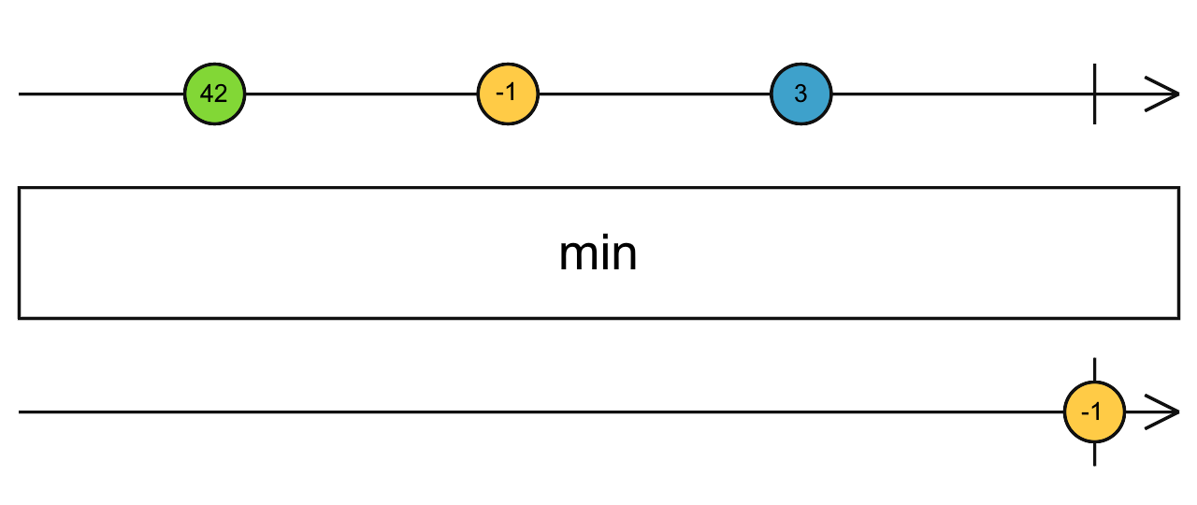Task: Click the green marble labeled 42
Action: [214, 94]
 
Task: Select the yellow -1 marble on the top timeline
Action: [508, 94]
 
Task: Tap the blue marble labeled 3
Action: [800, 94]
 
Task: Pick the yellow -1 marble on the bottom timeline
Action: [1094, 411]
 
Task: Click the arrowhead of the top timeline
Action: [1164, 94]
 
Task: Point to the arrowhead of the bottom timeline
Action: [1164, 411]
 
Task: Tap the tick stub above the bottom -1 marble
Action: [1094, 368]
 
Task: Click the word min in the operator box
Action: [598, 253]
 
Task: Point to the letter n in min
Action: [625, 255]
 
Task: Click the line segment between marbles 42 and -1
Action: [361, 94]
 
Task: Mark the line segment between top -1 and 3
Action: [655, 94]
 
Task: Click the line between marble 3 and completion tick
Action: [963, 94]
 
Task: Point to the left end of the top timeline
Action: [22, 94]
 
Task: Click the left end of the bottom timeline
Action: [22, 411]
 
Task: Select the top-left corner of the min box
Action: [20, 189]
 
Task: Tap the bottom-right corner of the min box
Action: [1177, 317]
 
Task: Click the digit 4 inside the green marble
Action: [209, 94]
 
